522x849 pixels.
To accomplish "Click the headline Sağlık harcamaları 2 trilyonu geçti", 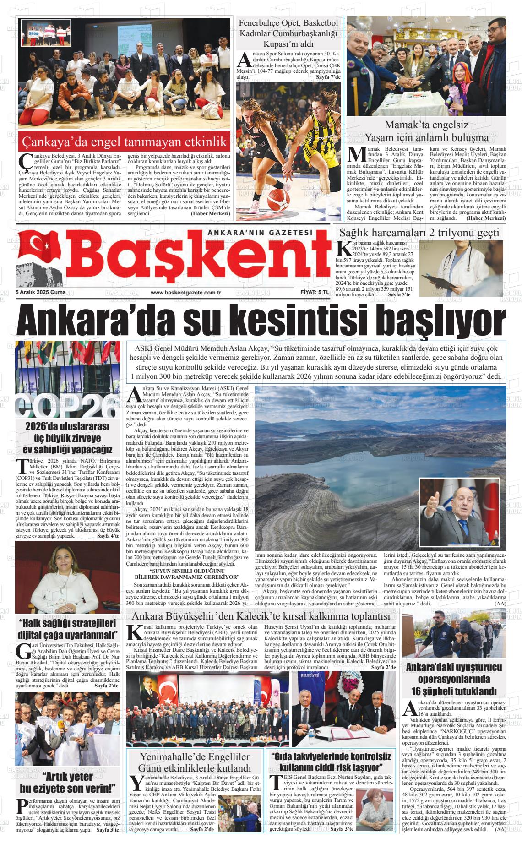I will [x=419, y=232].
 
